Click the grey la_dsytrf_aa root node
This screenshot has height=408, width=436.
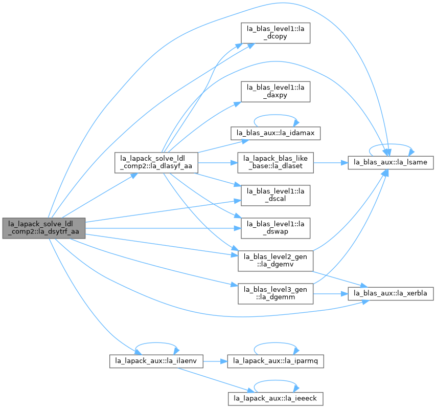(x=44, y=228)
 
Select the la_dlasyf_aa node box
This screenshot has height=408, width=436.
(x=156, y=162)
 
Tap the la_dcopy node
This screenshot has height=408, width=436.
(x=276, y=33)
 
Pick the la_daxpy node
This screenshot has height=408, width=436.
(x=276, y=92)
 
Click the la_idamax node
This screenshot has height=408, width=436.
(x=276, y=133)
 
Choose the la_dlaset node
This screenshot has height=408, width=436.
(x=276, y=162)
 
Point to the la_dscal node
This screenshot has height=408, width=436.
(x=276, y=195)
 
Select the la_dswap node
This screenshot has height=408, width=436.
(x=276, y=228)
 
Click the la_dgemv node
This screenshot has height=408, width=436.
(x=276, y=261)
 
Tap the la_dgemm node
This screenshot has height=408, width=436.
(x=276, y=293)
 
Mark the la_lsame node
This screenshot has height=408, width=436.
(x=391, y=162)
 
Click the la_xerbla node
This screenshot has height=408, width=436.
(x=391, y=293)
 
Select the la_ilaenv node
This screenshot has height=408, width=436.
(x=156, y=361)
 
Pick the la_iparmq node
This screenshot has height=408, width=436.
(x=276, y=361)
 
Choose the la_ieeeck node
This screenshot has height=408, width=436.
(x=276, y=399)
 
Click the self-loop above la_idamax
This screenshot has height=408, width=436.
(x=276, y=115)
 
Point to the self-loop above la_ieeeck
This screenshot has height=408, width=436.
(x=276, y=380)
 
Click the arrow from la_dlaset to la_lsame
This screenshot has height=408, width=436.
(x=331, y=162)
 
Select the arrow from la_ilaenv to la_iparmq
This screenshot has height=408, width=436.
(x=215, y=361)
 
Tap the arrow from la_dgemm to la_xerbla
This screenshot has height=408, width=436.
(x=331, y=293)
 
